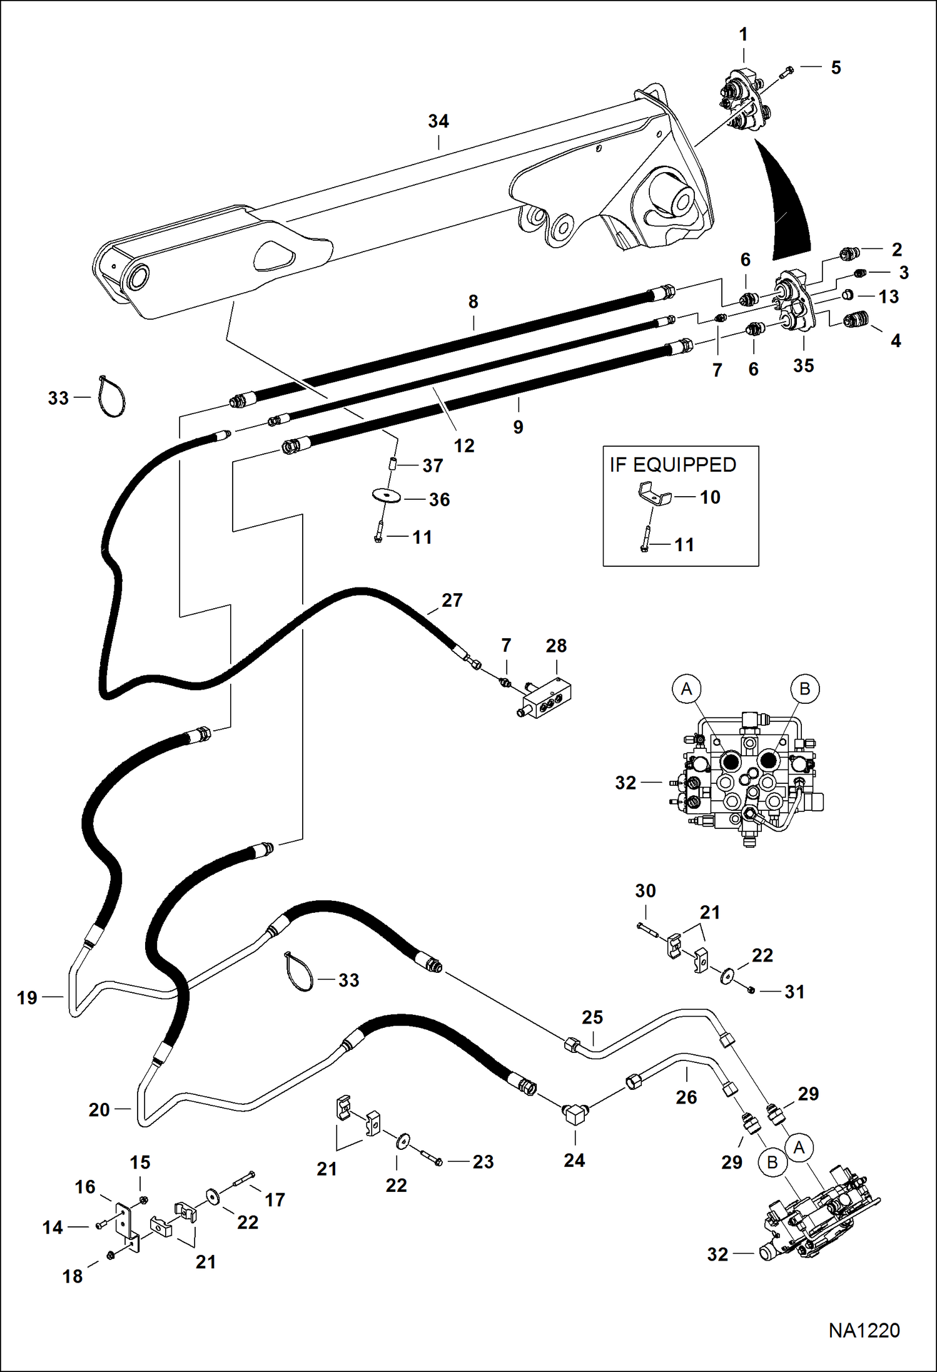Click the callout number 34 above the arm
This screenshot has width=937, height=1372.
(438, 121)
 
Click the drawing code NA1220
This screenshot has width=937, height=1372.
(864, 1330)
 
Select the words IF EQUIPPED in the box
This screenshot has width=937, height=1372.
(672, 465)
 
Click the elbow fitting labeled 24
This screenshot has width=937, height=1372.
(573, 1114)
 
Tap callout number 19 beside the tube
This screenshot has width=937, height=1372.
(27, 997)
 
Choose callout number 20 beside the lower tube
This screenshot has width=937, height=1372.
(99, 1109)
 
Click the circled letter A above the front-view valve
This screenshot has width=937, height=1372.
(686, 689)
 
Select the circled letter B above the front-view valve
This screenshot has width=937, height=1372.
(804, 689)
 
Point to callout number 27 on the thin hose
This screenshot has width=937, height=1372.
(452, 600)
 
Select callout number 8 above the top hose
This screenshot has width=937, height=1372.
(473, 302)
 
